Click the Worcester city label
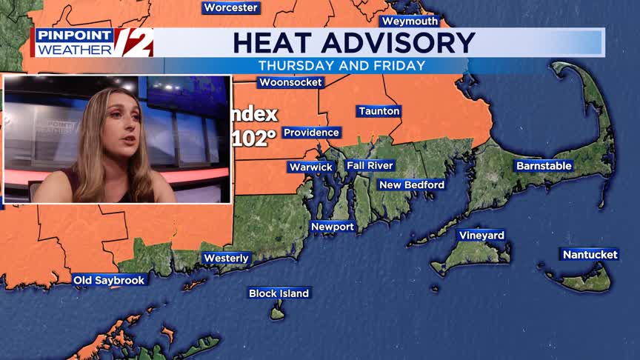[x=231, y=7]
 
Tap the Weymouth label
[x=410, y=21]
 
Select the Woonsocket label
[x=290, y=82]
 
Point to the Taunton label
[x=379, y=111]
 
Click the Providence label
[x=311, y=133]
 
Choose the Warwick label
[x=311, y=167]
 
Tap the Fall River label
[x=370, y=165]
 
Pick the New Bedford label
[x=412, y=184]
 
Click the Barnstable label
[x=544, y=166]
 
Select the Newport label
[x=333, y=227]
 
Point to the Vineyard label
[x=481, y=236]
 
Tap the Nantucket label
[x=590, y=254]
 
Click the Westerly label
[x=227, y=258]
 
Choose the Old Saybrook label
[x=109, y=280]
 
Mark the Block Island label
[x=279, y=293]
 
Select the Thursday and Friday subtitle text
[x=341, y=65]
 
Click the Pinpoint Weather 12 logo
[x=94, y=42]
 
